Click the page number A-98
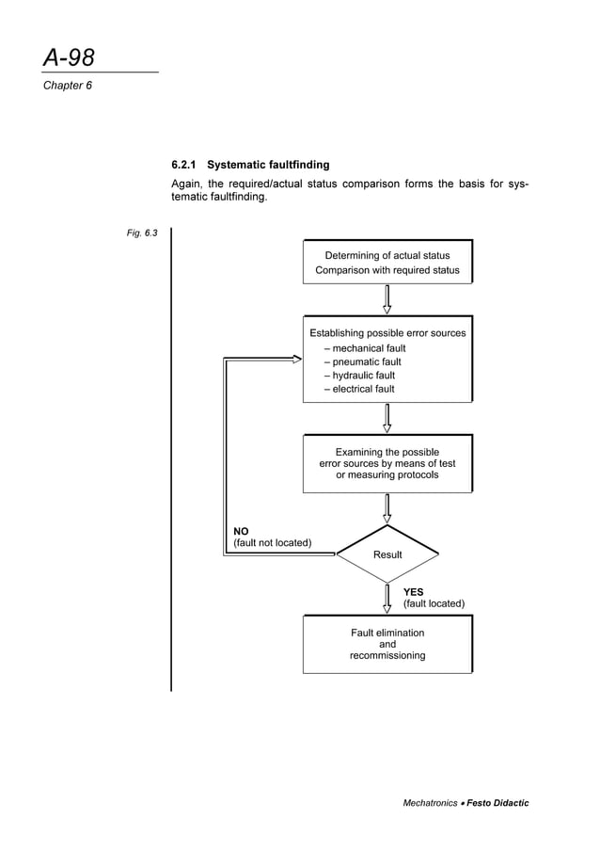[x=69, y=58]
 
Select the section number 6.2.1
[x=184, y=165]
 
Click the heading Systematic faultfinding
[x=268, y=165]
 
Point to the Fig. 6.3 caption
[x=142, y=233]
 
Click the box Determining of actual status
[x=387, y=262]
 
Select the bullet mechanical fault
[x=364, y=348]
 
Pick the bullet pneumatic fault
[x=362, y=361]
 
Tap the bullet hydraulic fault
[x=361, y=375]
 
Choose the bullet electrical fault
[x=359, y=389]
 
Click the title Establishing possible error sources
[x=387, y=332]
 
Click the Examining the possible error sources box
[x=387, y=463]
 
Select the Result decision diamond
[x=387, y=554]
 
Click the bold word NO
[x=242, y=532]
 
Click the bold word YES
[x=413, y=592]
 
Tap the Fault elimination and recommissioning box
[x=387, y=644]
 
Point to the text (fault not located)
[x=273, y=543]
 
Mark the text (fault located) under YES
[x=434, y=603]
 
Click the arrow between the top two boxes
[x=387, y=298]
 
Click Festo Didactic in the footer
[x=497, y=803]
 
